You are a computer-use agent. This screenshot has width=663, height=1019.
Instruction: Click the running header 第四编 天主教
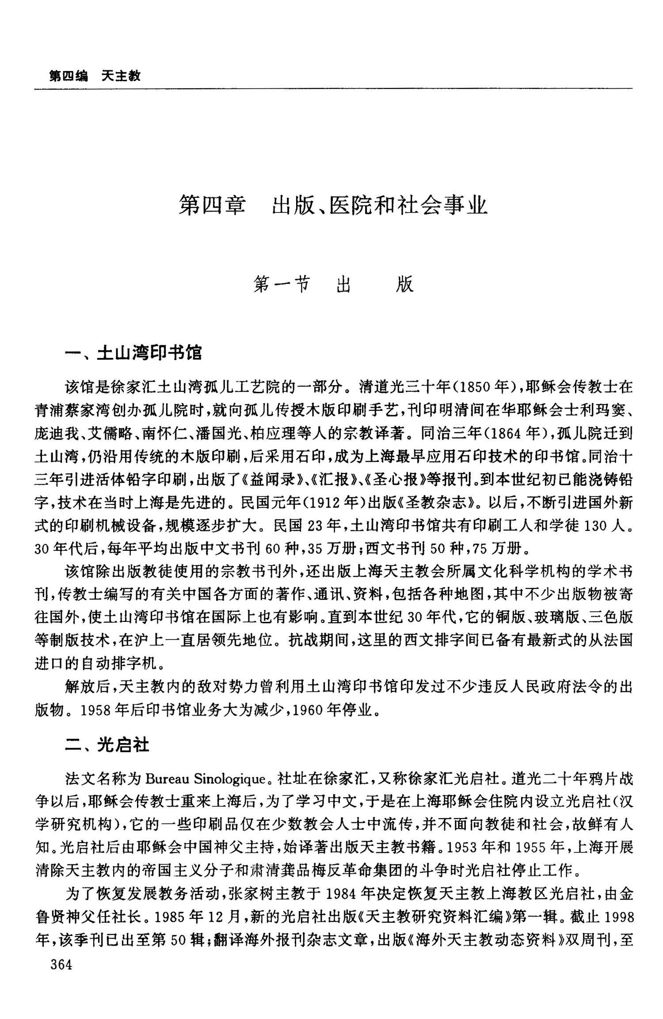[95, 76]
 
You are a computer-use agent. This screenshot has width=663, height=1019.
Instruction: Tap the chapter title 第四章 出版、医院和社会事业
[333, 206]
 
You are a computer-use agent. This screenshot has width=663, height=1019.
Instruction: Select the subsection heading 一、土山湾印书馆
[133, 353]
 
